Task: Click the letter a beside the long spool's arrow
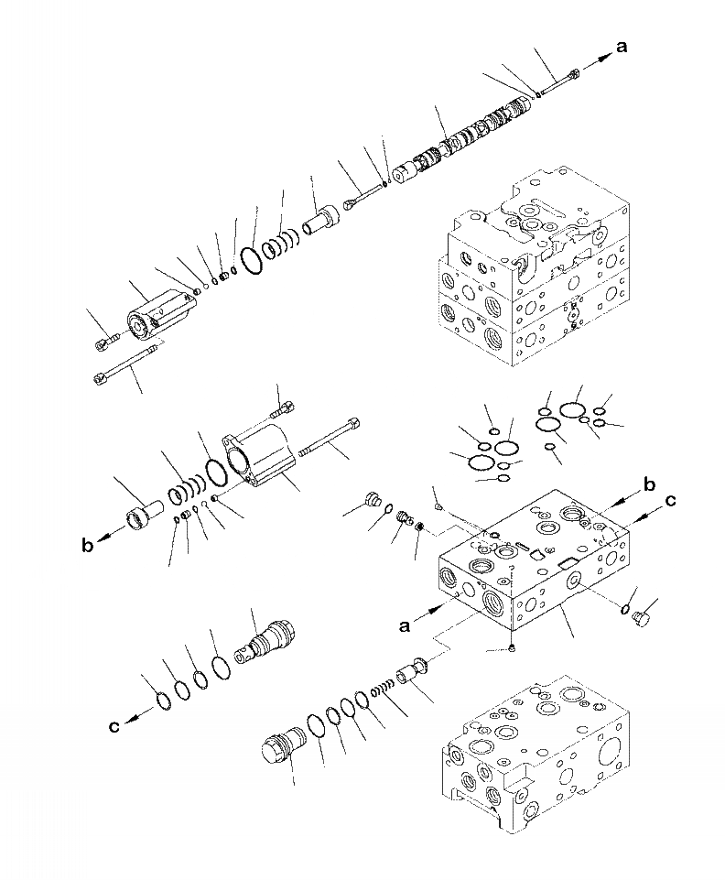(x=622, y=48)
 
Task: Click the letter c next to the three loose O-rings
(x=114, y=727)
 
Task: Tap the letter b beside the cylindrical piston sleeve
(x=88, y=547)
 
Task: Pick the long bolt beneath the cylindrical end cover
(x=129, y=365)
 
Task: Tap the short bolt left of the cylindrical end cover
(x=104, y=342)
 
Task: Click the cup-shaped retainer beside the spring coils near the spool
(x=321, y=223)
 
